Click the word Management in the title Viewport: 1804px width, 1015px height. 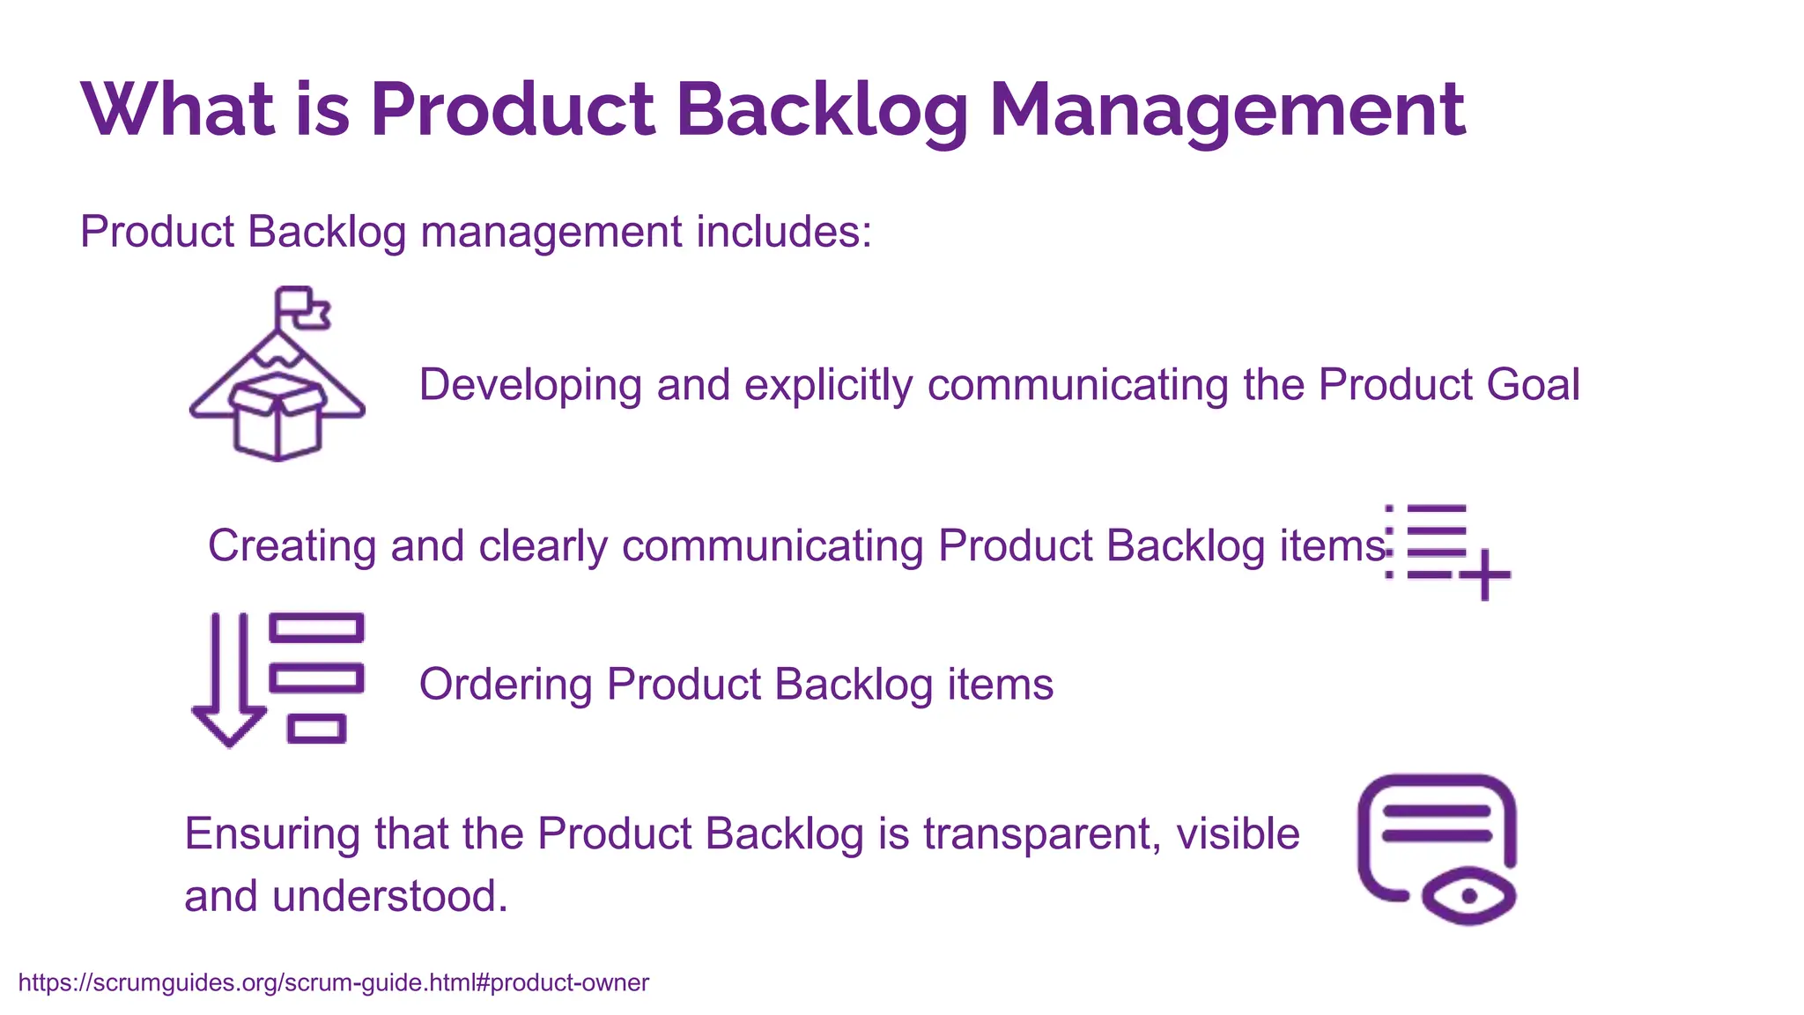(1227, 110)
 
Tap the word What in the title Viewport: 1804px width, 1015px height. (178, 110)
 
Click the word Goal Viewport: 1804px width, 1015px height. (1534, 385)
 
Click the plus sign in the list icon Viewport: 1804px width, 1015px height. (1485, 574)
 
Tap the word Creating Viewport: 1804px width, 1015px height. (292, 545)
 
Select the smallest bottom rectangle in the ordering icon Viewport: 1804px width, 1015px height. (316, 729)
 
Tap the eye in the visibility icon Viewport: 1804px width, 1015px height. (1468, 896)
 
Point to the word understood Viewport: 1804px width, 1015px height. (389, 896)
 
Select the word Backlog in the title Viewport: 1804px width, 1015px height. (822, 110)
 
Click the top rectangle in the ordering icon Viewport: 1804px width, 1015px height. (316, 628)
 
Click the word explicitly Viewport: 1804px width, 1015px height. (828, 385)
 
